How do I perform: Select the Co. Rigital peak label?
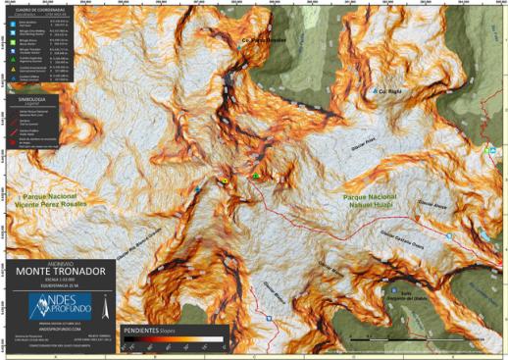[x=385, y=89]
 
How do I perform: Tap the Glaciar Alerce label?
[x=432, y=205]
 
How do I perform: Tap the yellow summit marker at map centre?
[x=226, y=182]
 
